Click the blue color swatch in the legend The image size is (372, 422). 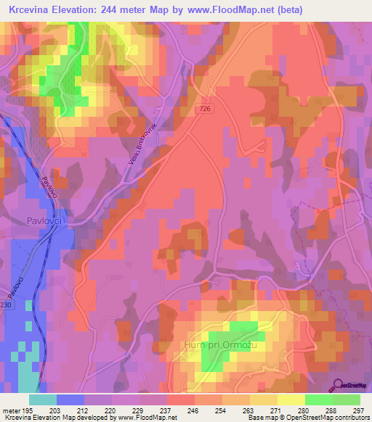[x=70, y=400]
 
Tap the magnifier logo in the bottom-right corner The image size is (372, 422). [x=336, y=385]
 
